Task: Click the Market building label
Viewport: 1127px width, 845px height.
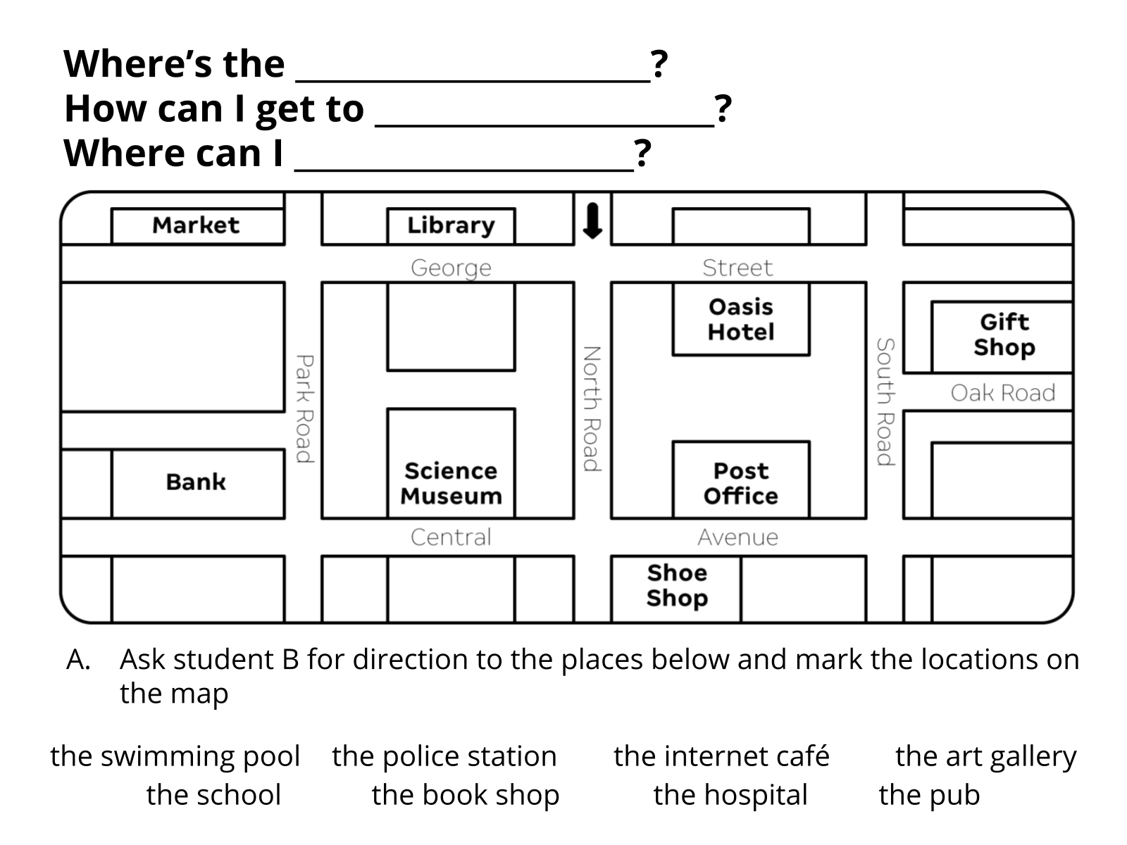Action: [x=196, y=225]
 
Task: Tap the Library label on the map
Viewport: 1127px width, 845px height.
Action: [x=451, y=225]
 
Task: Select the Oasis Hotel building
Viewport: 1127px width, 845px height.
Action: [x=740, y=319]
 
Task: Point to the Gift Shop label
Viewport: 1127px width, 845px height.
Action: [x=1004, y=334]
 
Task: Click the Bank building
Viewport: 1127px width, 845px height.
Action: [x=196, y=482]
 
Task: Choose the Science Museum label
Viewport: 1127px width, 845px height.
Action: [x=451, y=483]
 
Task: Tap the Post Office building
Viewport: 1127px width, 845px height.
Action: [x=740, y=483]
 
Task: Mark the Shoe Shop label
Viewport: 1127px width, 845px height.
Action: [x=676, y=585]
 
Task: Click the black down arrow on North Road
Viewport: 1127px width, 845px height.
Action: [x=592, y=221]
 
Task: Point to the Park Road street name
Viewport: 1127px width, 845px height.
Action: [x=304, y=408]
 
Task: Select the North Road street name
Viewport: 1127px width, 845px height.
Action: [x=592, y=408]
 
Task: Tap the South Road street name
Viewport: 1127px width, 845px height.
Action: [x=885, y=402]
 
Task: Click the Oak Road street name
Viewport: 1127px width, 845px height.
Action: [x=1002, y=393]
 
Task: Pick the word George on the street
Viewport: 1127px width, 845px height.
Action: [x=451, y=268]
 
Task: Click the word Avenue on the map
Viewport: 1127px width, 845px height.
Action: [x=737, y=538]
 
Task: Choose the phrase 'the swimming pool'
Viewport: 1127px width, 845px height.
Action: [x=175, y=756]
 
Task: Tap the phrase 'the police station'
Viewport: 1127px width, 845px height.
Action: [x=444, y=756]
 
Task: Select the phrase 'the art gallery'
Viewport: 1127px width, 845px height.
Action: [x=985, y=756]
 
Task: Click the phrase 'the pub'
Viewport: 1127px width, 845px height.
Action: [x=929, y=795]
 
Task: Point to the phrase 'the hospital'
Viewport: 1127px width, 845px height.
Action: [x=730, y=795]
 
